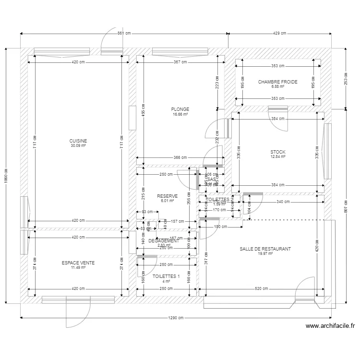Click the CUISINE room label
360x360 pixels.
[x=78, y=141]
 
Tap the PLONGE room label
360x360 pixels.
[x=180, y=109]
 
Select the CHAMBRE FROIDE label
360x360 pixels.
[x=277, y=82]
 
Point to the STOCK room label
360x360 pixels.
[x=278, y=152]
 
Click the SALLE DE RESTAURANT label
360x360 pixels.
[x=265, y=249]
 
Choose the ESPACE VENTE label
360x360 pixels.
[x=78, y=263]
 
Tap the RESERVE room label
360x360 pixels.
[x=167, y=196]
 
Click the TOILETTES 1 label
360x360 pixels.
[x=166, y=276]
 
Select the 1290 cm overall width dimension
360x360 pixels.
[x=176, y=318]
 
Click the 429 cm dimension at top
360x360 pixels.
[x=279, y=34]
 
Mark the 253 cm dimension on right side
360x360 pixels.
[x=346, y=79]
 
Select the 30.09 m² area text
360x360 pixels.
[x=78, y=145]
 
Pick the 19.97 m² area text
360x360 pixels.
[x=265, y=253]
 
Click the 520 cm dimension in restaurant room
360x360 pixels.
[x=261, y=289]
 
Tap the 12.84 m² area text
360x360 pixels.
[x=278, y=156]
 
